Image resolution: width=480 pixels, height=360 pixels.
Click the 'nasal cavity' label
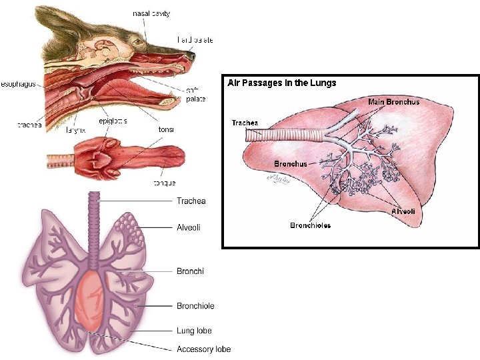click(151, 13)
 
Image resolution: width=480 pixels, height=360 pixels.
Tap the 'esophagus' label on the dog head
click(19, 85)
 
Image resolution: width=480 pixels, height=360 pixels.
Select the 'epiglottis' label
click(113, 121)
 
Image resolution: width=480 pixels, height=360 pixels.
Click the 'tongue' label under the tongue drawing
click(165, 183)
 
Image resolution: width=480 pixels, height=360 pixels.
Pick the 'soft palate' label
click(195, 95)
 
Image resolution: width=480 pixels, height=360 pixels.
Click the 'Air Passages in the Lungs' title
click(282, 83)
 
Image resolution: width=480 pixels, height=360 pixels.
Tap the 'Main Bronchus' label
click(394, 102)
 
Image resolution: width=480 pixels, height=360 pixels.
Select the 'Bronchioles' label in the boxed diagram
click(310, 225)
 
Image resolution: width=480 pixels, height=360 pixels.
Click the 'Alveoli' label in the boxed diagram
click(403, 211)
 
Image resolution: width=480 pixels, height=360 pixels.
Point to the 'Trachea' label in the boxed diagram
click(245, 123)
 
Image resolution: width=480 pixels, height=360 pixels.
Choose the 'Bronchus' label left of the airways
click(291, 163)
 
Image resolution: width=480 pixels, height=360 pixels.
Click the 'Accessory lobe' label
click(203, 349)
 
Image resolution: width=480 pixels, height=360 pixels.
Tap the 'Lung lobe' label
click(194, 331)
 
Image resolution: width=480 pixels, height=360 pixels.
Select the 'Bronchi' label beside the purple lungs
click(190, 271)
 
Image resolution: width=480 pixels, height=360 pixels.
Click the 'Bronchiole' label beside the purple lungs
click(195, 306)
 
